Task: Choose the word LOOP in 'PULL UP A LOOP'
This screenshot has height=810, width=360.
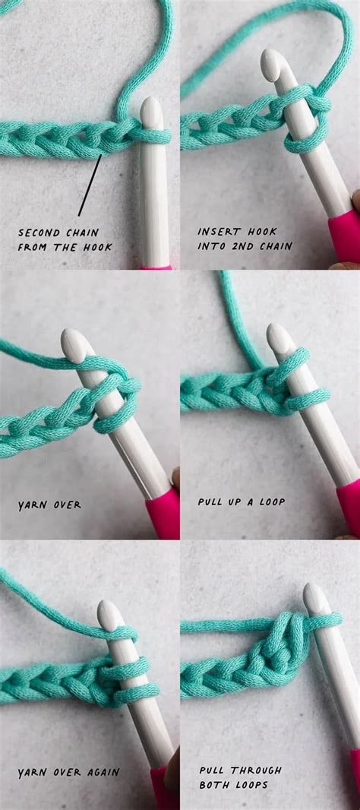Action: coord(270,502)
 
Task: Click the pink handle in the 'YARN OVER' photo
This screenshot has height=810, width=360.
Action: coord(163,514)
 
